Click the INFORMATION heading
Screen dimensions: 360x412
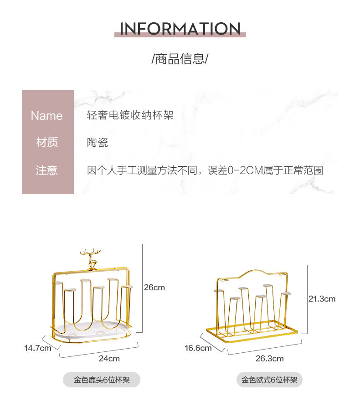pyautogui.click(x=180, y=29)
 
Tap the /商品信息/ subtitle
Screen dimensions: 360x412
pyautogui.click(x=180, y=59)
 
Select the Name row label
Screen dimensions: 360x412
pyautogui.click(x=46, y=116)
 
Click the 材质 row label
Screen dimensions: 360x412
pyautogui.click(x=47, y=143)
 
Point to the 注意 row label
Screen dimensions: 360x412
pyautogui.click(x=47, y=170)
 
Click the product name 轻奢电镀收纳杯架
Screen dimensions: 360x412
pyautogui.click(x=130, y=116)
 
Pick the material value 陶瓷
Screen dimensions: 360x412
pyautogui.click(x=98, y=143)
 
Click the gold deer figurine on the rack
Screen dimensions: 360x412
pyautogui.click(x=90, y=260)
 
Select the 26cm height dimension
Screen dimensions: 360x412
pyautogui.click(x=154, y=288)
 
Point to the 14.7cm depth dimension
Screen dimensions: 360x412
pyautogui.click(x=38, y=348)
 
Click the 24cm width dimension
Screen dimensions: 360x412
pyautogui.click(x=109, y=358)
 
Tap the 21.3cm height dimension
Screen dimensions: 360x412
pyautogui.click(x=322, y=299)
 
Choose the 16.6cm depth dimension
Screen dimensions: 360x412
pyautogui.click(x=198, y=348)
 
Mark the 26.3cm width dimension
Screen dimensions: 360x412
pyautogui.click(x=269, y=358)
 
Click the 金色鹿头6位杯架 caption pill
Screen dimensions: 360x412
pyautogui.click(x=102, y=380)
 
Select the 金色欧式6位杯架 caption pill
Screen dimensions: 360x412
pyautogui.click(x=269, y=380)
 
